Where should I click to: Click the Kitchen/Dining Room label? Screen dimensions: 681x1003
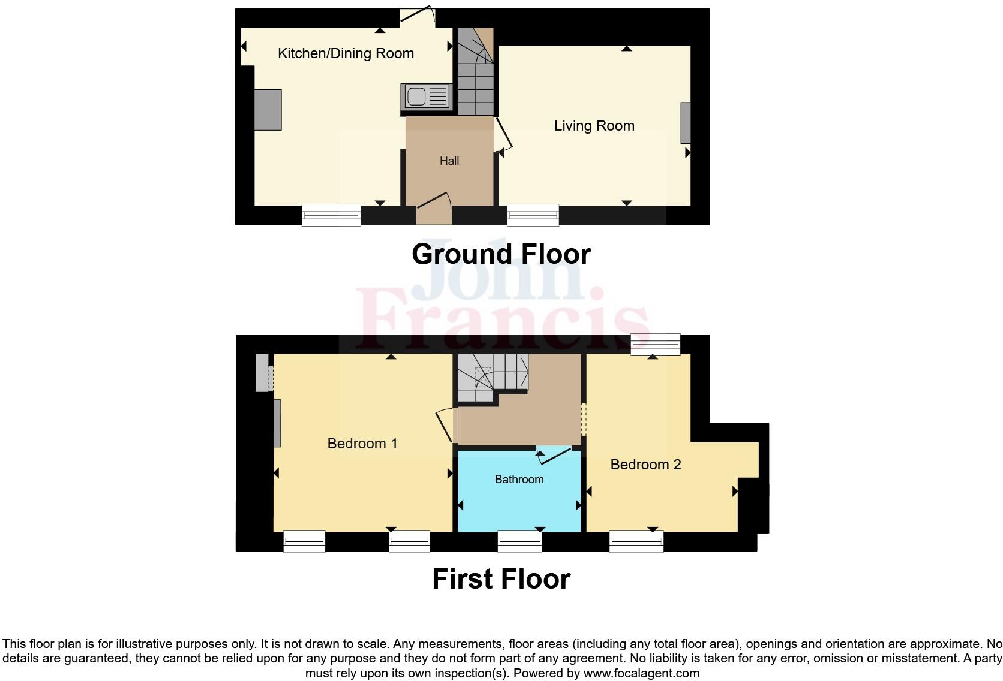(346, 53)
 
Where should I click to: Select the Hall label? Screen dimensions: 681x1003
(449, 161)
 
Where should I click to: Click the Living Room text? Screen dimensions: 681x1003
(594, 126)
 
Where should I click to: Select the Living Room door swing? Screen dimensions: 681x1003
(504, 135)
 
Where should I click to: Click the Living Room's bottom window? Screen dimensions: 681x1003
(533, 215)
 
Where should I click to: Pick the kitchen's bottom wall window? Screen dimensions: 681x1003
(331, 215)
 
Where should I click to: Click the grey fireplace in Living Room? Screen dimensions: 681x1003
(685, 123)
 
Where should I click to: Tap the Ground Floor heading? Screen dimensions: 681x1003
(501, 254)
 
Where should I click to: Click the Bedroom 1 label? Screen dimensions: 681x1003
(362, 444)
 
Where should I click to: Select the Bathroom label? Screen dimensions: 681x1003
(519, 479)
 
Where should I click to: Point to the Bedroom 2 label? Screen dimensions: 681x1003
(645, 465)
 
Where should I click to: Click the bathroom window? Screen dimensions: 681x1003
(519, 542)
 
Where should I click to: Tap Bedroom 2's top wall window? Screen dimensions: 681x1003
(655, 345)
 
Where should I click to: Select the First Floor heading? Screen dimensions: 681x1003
(501, 579)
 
